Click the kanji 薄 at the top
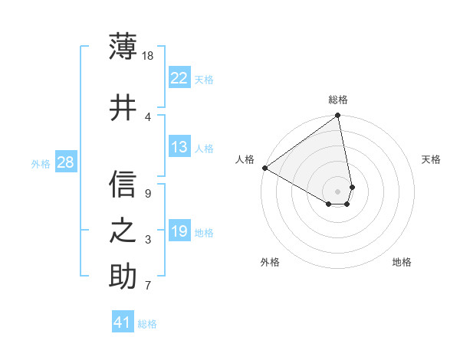[123, 47]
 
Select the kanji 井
[123, 108]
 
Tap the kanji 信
[123, 185]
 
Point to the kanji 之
[123, 231]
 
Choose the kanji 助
[123, 277]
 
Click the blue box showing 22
[179, 78]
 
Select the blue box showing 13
[179, 147]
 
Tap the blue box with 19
[179, 231]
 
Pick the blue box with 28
[65, 162]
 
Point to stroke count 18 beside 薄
[149, 56]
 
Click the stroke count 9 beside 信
[148, 194]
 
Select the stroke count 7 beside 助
[148, 286]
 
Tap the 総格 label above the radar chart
[338, 100]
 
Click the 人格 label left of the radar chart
[245, 159]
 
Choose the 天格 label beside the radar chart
[431, 159]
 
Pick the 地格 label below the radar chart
[402, 262]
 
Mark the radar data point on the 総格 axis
[338, 116]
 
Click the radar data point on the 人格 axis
[264, 168]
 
